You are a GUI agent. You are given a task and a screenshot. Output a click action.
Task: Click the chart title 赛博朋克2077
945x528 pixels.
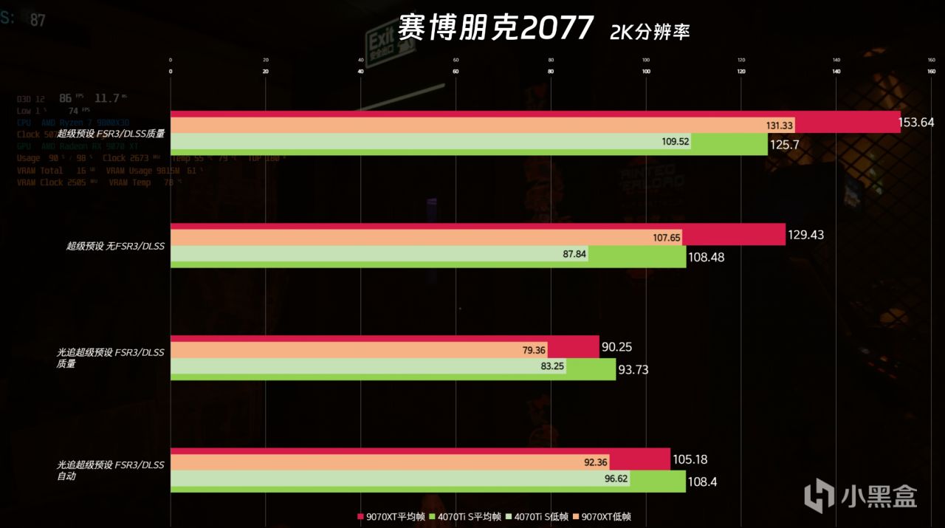coord(495,29)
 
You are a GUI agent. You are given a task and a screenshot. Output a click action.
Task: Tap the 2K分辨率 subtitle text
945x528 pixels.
coord(650,32)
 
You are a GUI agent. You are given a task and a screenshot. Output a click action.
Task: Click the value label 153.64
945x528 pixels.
coord(916,122)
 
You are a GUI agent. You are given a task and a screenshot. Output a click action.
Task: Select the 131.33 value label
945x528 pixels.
coord(778,126)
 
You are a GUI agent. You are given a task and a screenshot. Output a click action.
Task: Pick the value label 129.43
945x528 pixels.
coord(806,235)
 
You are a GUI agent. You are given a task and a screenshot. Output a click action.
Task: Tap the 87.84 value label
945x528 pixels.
coord(573,254)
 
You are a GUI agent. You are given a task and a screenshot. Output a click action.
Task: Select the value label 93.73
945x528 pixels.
coord(633,369)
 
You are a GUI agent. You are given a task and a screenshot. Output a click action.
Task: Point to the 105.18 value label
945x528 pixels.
coord(690,459)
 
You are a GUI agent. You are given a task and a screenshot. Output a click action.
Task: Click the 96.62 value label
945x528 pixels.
coord(594,479)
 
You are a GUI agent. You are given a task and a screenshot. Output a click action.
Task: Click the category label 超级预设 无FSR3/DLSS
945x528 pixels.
coord(115,246)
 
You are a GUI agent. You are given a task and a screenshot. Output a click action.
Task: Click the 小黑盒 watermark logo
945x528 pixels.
coord(859,493)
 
